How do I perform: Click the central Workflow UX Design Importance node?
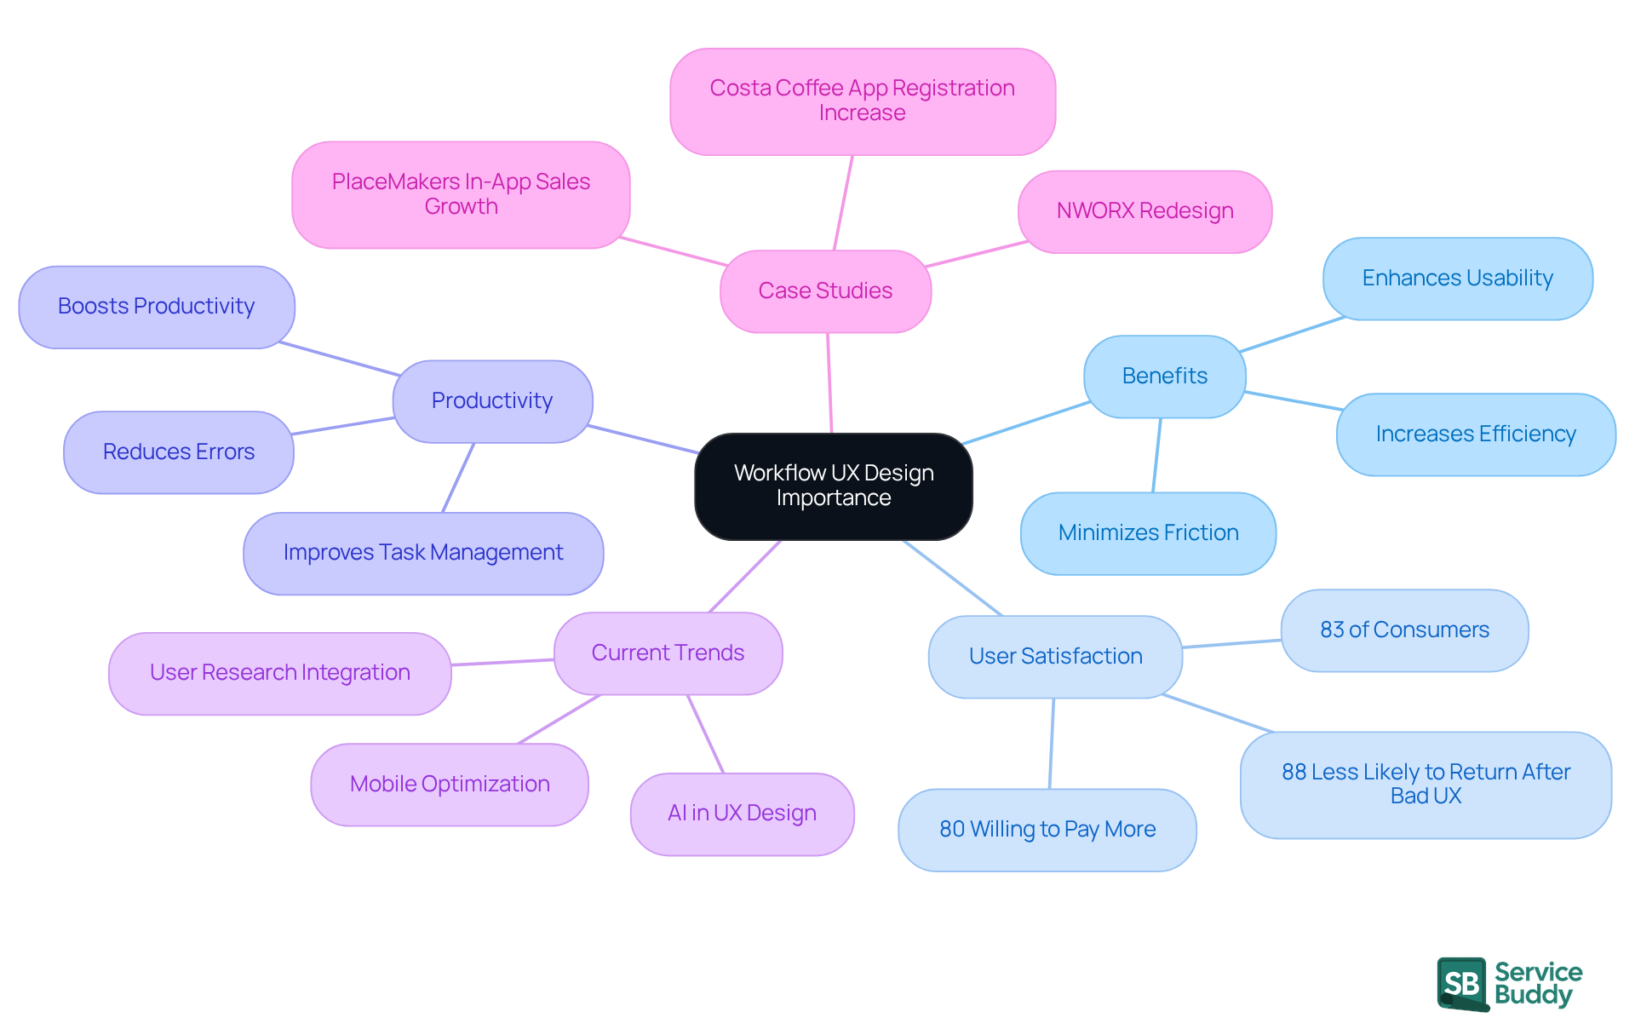tap(833, 486)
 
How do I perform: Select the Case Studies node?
tap(825, 291)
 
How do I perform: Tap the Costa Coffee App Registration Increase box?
tap(862, 101)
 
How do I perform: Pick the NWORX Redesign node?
tap(1144, 211)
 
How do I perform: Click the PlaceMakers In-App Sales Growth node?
tap(461, 194)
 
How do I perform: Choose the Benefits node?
tap(1164, 377)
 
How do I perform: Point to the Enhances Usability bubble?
tap(1457, 279)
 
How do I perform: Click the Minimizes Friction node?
tap(1148, 533)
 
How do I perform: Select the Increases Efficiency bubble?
tap(1475, 434)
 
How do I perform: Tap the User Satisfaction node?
tap(1055, 657)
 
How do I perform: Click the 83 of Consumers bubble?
tap(1404, 630)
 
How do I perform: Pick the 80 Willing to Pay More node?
tap(1047, 830)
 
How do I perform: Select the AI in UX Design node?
tap(742, 814)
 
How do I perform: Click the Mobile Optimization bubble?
tap(450, 785)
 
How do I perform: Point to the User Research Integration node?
tap(279, 673)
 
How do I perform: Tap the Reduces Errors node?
tap(178, 452)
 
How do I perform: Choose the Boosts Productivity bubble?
tap(156, 307)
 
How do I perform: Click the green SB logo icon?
tap(1462, 984)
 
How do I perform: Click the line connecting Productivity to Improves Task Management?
tap(458, 478)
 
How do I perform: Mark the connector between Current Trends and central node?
tap(745, 576)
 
